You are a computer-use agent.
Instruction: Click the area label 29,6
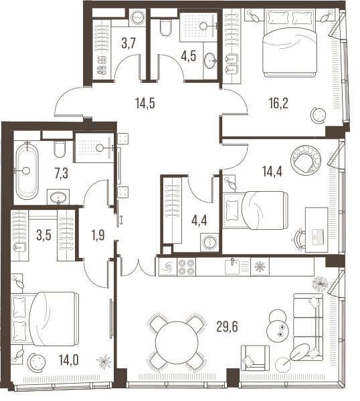coord(227,327)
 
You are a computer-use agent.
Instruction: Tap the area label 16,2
coord(278,104)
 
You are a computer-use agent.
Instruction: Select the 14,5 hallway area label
coord(145,104)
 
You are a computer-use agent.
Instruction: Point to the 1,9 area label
coord(98,235)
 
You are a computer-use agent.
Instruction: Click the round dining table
coord(177,342)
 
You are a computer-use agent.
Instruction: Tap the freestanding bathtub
coord(27,171)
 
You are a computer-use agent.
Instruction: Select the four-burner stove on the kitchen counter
coord(186,267)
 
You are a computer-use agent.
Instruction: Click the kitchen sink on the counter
coord(232,267)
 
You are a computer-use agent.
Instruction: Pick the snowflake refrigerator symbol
coord(260,267)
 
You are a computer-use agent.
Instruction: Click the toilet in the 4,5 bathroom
coord(165,27)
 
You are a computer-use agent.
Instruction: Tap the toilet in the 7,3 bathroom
coord(60,149)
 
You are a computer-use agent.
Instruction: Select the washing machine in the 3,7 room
coord(138,17)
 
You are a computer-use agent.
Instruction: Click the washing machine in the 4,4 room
coord(209,242)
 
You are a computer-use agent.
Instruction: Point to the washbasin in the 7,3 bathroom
coord(58,197)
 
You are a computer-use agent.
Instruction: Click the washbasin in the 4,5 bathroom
coord(210,61)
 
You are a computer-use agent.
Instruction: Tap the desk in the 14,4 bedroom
coord(317,230)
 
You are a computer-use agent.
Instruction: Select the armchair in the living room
coord(255,358)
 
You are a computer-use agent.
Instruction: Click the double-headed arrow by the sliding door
coord(121,220)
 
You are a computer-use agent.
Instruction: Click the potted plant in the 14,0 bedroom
coord(104,362)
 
